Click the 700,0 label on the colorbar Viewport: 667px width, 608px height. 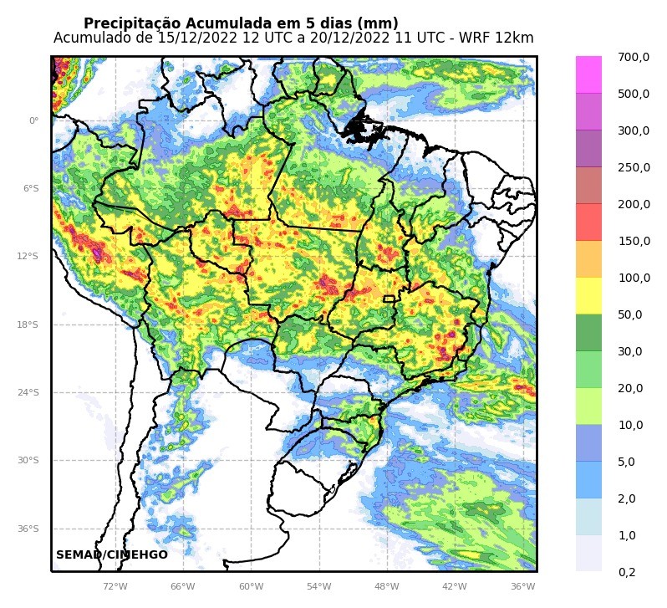point(633,57)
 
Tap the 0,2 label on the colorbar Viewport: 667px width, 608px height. point(627,572)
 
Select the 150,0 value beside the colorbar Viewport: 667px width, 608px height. point(633,241)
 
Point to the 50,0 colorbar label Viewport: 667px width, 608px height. point(629,314)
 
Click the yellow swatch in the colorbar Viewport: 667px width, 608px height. point(588,296)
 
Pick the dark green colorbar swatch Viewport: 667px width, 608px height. point(588,333)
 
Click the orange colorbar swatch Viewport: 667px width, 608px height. point(588,259)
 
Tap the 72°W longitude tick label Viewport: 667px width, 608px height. point(115,586)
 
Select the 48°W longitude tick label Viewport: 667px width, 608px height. point(386,586)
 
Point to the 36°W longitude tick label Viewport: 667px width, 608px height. point(522,586)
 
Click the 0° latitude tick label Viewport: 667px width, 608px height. point(34,120)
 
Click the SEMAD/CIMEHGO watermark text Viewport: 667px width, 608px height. point(112,554)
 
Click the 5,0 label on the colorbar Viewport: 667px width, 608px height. point(627,462)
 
